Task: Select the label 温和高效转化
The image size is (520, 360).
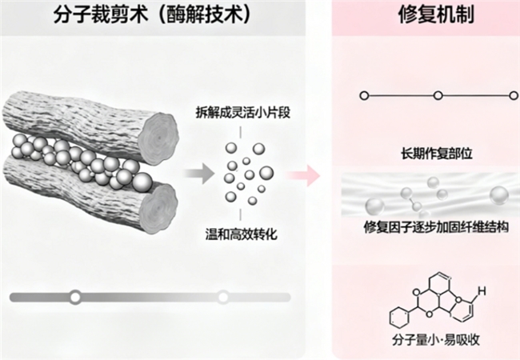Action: [x=245, y=234]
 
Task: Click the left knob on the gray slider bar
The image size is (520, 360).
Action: [x=75, y=297]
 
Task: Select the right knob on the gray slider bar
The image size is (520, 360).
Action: [x=223, y=297]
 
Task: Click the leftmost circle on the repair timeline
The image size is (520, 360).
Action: [x=364, y=96]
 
